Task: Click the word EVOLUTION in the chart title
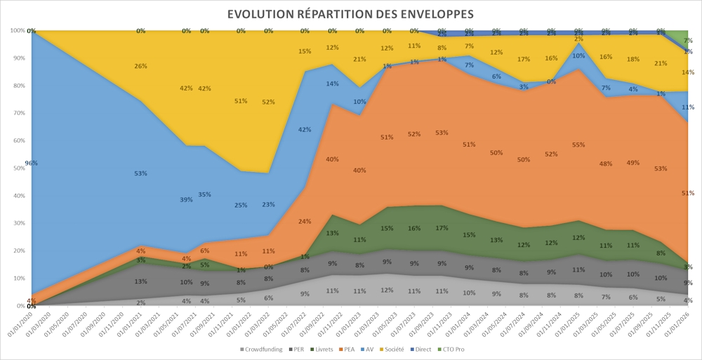259,14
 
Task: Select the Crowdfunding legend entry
262,349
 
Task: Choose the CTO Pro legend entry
453,349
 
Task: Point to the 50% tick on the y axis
18,168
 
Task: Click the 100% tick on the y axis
17,31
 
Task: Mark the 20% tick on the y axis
18,251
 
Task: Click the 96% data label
32,163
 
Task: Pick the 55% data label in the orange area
578,145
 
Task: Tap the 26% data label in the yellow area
140,66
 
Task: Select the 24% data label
305,222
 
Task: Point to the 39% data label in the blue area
185,200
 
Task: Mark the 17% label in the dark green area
442,228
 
